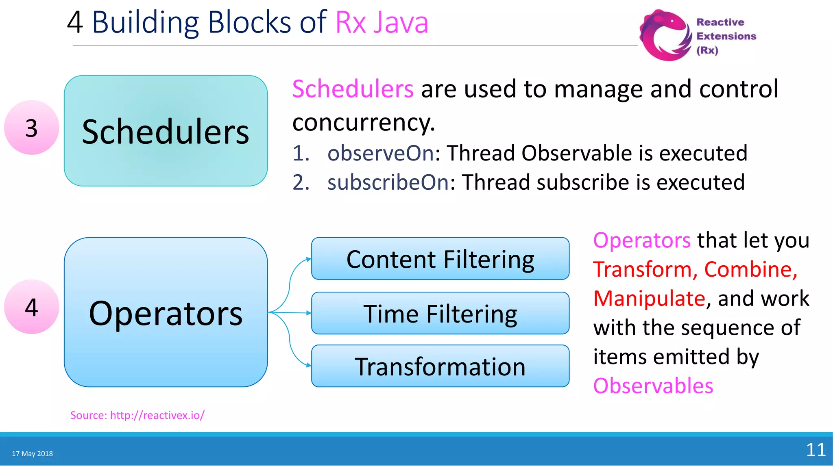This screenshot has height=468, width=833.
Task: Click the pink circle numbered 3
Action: point(32,128)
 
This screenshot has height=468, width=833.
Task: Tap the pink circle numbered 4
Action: point(32,307)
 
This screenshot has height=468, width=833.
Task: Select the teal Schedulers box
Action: point(166,131)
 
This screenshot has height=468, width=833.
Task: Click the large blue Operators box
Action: point(166,312)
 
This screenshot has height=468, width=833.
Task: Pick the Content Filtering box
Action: point(440,259)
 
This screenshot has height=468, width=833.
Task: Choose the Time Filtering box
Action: point(440,313)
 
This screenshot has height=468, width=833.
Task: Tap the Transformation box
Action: point(440,366)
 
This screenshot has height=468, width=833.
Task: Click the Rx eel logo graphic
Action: point(665,36)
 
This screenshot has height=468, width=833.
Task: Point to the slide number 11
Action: point(816,450)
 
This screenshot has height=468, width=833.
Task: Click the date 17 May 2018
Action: point(33,453)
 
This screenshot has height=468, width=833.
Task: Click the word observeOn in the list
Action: point(381,153)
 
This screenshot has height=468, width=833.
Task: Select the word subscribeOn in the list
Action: point(388,182)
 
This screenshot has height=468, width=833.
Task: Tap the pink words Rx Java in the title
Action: point(382,22)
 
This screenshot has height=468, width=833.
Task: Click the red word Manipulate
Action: point(649,299)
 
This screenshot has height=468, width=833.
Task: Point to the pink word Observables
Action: point(653,386)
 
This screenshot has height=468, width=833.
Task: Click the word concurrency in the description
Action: point(364,122)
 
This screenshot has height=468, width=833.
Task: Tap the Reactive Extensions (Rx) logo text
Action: point(726,36)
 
